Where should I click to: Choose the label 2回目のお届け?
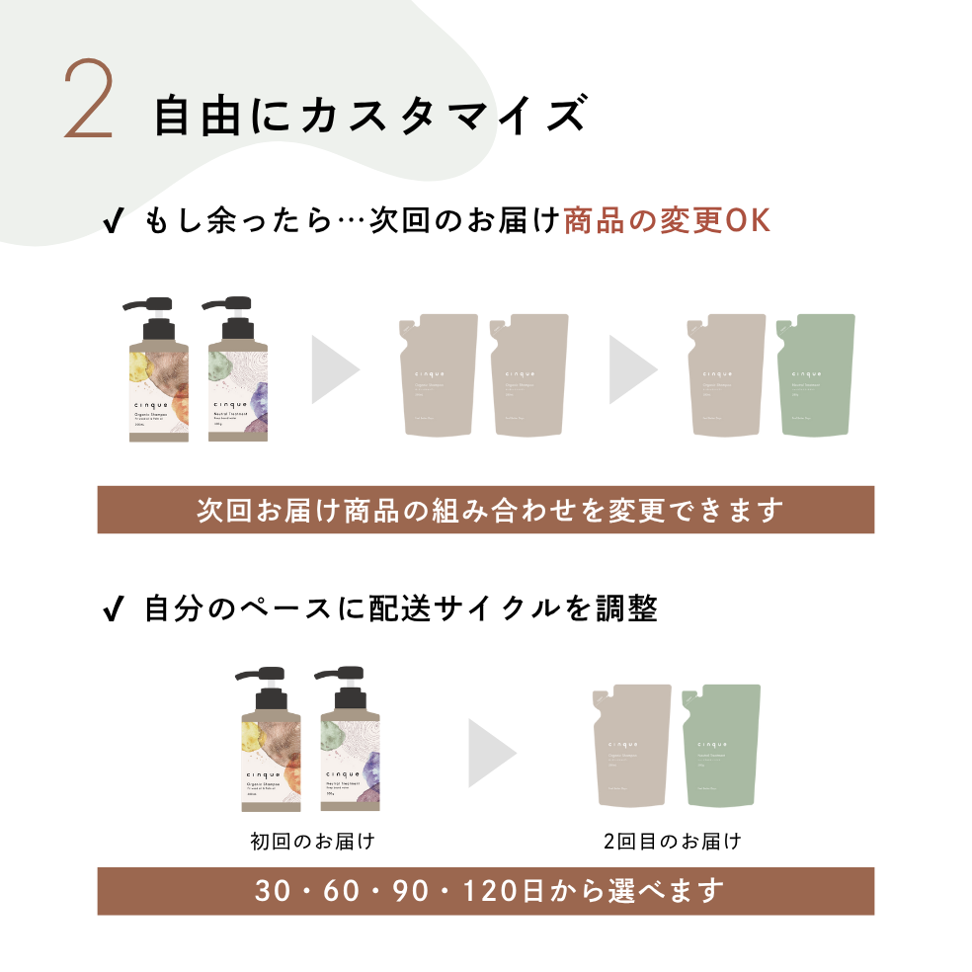[672, 842]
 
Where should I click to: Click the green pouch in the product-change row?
[815, 374]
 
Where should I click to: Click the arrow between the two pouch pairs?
[632, 369]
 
